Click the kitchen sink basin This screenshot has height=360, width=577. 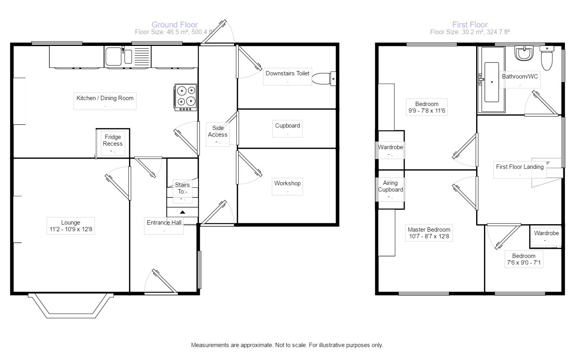pos(113,57)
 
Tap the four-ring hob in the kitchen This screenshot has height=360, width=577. pos(186,97)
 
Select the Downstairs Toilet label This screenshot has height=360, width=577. pos(287,73)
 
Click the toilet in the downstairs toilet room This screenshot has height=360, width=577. pos(323,79)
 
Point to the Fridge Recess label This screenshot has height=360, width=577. pos(113,140)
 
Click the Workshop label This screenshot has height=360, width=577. pos(287,183)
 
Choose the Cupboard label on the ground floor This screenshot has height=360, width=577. pos(287,126)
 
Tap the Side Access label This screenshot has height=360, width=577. pos(218,131)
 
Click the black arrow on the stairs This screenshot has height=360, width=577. pos(183,212)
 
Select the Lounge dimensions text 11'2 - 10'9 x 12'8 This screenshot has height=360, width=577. pos(71,229)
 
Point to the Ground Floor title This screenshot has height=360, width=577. pos(175,25)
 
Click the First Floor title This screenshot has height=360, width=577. pos(470,25)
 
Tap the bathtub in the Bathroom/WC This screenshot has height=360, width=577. pos(491,80)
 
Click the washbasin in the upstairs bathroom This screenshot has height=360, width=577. pos(524,53)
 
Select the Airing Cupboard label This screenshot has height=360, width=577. pos(390,186)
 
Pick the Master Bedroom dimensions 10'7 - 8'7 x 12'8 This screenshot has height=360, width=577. pos(429,236)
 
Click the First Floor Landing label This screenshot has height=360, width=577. pos(520,167)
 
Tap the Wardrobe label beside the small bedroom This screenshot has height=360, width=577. pos(546,233)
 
